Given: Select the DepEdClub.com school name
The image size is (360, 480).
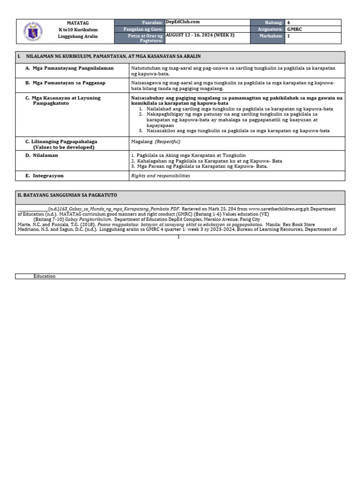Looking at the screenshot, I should pos(183,22).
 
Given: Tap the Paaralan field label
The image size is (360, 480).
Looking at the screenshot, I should pos(152,22).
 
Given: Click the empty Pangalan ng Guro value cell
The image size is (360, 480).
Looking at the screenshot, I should pos(207,29).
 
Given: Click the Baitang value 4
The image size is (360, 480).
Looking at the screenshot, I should pos(289,22).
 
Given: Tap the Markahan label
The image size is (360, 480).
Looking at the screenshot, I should pos(272,35).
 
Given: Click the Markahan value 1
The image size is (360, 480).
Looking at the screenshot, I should pos(289,35).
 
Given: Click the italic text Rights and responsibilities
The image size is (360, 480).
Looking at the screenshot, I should pos(161,176).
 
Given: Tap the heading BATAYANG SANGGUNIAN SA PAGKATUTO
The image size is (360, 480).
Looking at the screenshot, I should pos(67,195).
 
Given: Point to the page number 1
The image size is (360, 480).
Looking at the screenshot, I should pos(179,237).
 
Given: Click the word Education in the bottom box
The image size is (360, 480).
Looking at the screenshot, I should pos(44,276).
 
